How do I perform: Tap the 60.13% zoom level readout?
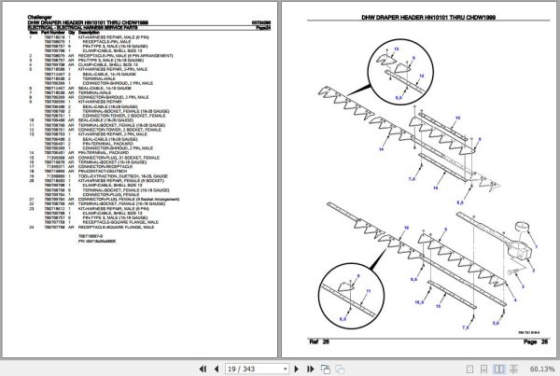[x=539, y=369]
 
